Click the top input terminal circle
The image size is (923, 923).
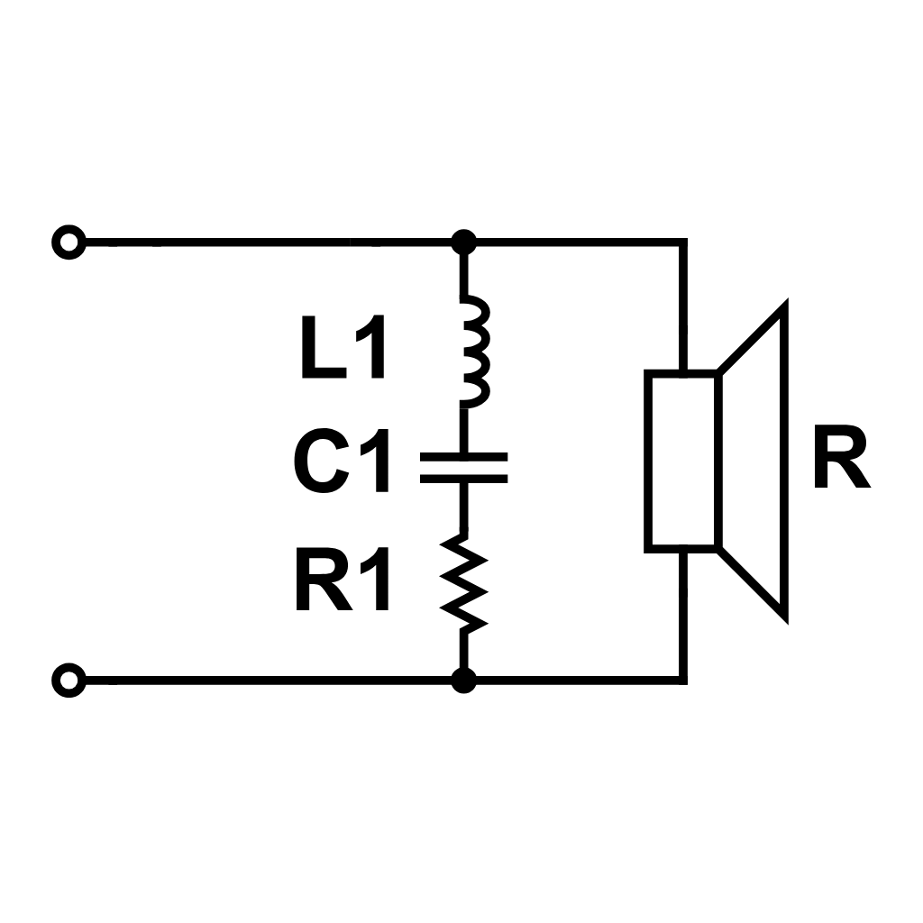click(x=69, y=242)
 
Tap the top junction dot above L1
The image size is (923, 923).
click(x=463, y=242)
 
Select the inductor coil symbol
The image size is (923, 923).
click(x=471, y=349)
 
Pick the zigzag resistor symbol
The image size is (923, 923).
click(x=463, y=582)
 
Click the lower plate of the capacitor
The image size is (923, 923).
click(x=463, y=479)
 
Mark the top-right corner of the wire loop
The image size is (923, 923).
click(x=682, y=242)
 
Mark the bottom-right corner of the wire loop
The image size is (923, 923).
click(x=682, y=678)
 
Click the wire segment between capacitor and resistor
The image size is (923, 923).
click(x=463, y=507)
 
